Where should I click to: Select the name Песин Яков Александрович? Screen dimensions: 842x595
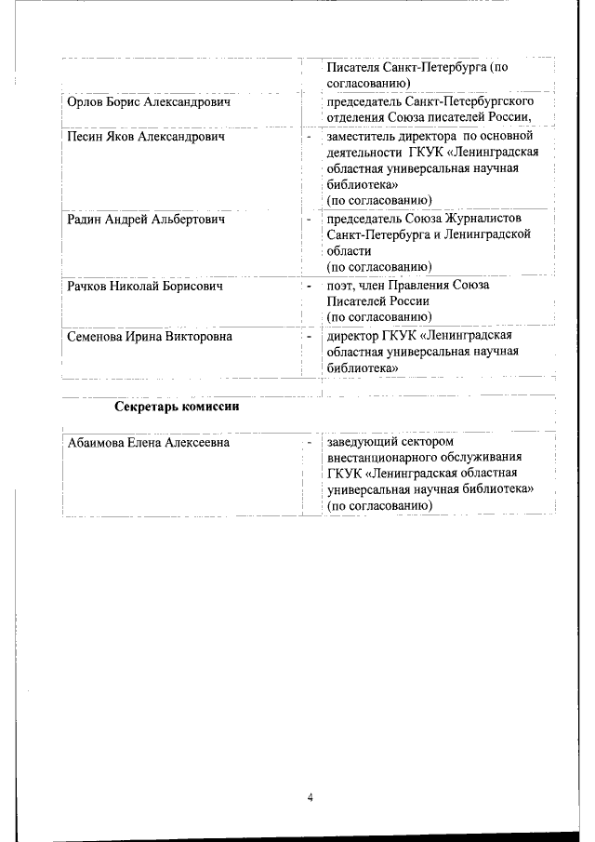pyautogui.click(x=146, y=137)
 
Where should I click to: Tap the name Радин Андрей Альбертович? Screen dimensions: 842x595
pyautogui.click(x=146, y=220)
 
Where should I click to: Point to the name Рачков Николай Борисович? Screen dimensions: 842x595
pyautogui.click(x=146, y=286)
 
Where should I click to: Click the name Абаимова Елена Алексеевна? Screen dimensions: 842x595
pyautogui.click(x=149, y=443)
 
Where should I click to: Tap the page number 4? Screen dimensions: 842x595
pyautogui.click(x=311, y=796)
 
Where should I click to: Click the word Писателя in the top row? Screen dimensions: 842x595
pyautogui.click(x=353, y=67)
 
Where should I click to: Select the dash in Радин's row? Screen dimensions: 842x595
pyautogui.click(x=309, y=221)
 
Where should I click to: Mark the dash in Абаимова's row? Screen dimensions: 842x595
pyautogui.click(x=309, y=443)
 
